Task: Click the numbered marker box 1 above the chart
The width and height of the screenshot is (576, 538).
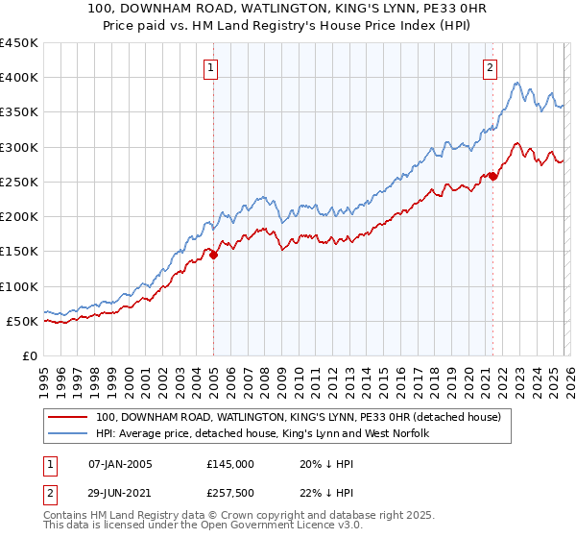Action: click(x=210, y=67)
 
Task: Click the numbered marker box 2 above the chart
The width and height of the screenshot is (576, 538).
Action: click(x=490, y=67)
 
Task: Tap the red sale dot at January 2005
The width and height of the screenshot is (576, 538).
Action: click(x=213, y=255)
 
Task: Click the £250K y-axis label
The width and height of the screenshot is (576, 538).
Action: click(x=19, y=182)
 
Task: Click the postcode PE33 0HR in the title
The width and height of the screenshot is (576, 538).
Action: click(x=409, y=10)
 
